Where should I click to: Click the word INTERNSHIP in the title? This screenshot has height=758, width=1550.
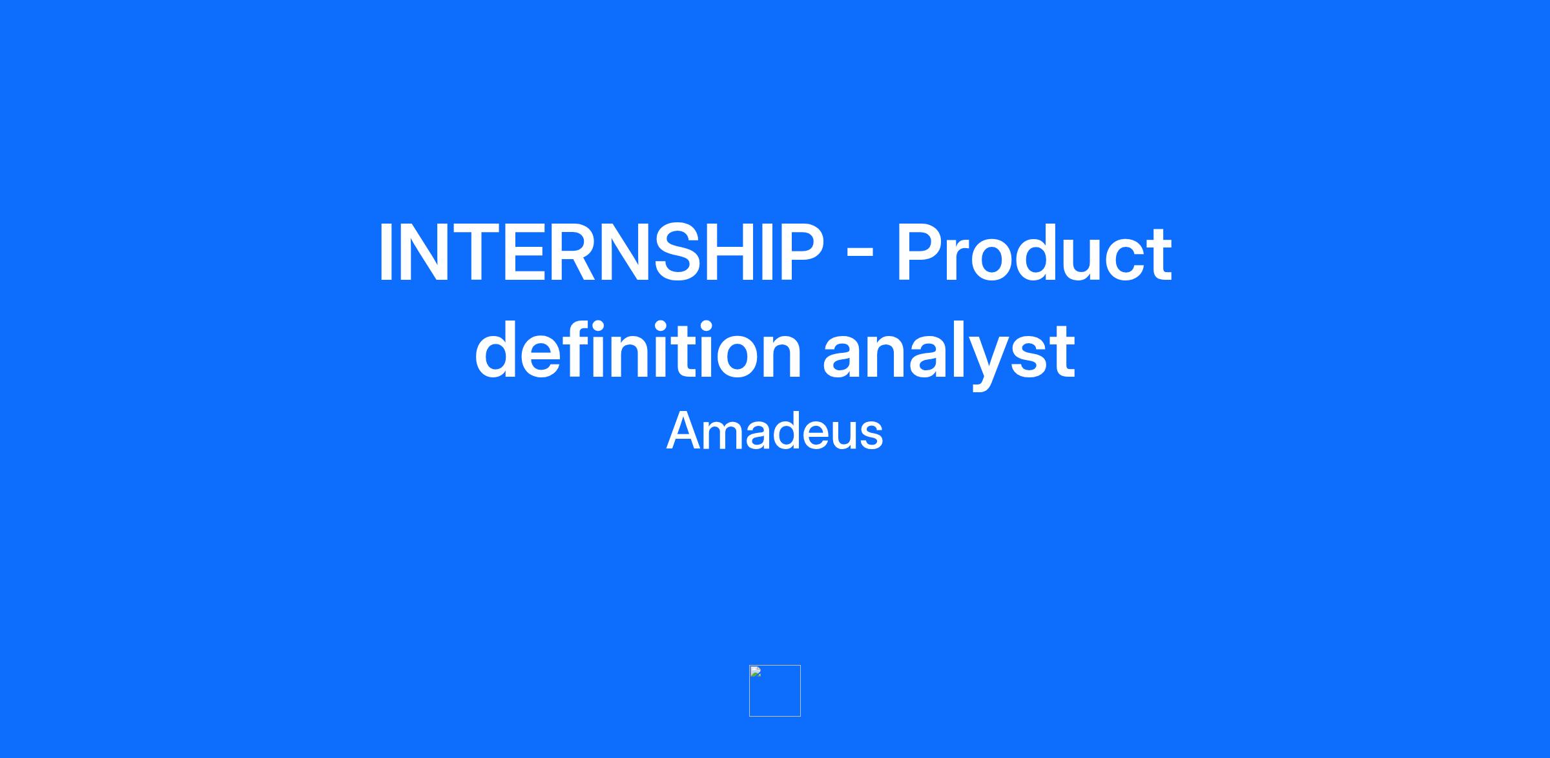601,253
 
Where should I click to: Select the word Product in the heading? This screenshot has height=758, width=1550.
1033,253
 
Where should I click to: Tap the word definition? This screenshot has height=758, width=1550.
638,350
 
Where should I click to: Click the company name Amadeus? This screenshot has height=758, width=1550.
774,431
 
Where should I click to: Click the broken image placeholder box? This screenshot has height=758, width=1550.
775,691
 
